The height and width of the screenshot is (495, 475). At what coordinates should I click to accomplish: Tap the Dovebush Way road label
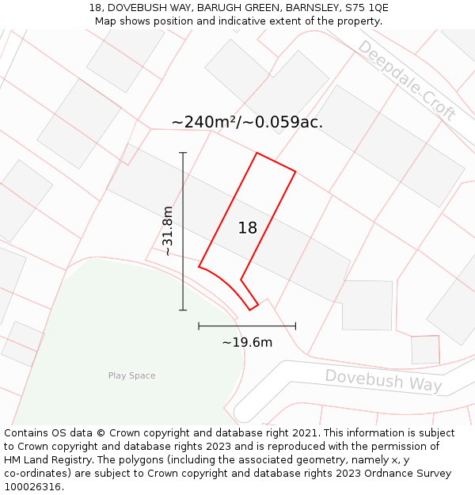383,380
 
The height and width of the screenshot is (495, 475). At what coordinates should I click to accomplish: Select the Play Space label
131,375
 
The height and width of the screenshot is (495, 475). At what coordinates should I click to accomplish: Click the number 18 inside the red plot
248,228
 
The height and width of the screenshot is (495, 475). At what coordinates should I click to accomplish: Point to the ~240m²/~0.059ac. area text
247,122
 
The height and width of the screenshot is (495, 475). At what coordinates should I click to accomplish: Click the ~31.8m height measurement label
168,230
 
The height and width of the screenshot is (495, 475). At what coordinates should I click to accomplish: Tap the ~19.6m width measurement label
247,342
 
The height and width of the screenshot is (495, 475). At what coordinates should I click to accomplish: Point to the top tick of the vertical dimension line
183,153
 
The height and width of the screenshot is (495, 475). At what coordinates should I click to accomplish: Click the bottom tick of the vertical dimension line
183,310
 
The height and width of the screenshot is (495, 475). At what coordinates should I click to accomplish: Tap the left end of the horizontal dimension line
199,326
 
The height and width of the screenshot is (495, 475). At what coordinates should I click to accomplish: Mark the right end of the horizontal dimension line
295,326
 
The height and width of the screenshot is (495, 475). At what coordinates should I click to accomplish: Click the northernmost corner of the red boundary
256,153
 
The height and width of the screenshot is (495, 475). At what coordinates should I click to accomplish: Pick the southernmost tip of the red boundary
250,310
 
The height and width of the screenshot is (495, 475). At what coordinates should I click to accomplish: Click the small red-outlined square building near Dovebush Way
425,349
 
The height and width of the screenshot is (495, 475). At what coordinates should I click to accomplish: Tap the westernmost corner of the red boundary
199,267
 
